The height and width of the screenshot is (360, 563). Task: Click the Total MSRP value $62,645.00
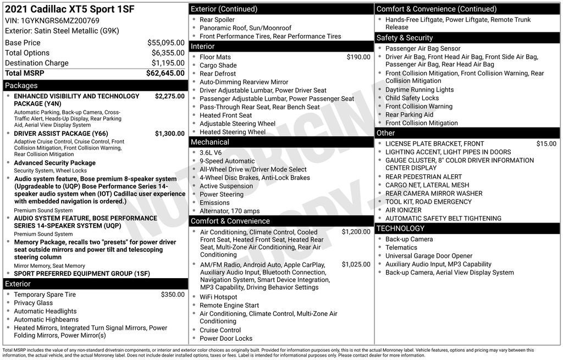[165, 73]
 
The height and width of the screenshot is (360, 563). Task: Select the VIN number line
[52, 20]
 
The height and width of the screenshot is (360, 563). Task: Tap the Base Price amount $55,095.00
[165, 42]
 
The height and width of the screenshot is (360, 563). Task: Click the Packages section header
[21, 85]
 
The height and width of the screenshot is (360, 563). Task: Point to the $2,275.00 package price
[169, 96]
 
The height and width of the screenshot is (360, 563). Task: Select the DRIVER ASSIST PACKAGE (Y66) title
[60, 134]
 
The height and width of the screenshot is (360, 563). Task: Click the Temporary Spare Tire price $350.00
[173, 295]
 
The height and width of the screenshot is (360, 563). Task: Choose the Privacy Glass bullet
[34, 303]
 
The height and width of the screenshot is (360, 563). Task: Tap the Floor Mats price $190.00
[358, 57]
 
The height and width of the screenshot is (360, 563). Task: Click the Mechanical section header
[209, 142]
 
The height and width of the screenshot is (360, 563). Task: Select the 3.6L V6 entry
[211, 153]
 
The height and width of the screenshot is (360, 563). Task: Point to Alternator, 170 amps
[229, 211]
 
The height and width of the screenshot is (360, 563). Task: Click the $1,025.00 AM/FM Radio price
[356, 264]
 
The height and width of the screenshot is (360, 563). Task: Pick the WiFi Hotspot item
[218, 297]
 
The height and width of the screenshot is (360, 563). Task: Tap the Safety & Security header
[404, 37]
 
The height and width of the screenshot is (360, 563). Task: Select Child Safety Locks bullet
[412, 98]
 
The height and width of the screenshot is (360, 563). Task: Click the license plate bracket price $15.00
[546, 143]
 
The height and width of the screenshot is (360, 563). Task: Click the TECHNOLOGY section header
[400, 228]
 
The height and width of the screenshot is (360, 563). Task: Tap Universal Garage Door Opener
[429, 256]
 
